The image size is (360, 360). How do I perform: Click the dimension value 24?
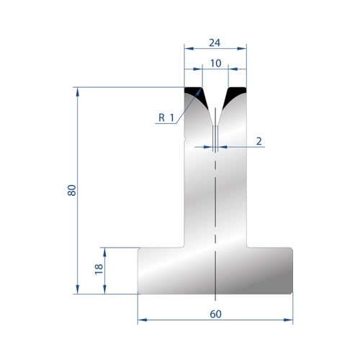215,42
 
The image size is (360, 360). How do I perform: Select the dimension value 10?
215,63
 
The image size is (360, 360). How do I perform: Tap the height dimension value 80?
72,190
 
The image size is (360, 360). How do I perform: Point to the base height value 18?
99,269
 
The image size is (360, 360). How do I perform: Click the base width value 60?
215,314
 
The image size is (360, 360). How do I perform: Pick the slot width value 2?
258,141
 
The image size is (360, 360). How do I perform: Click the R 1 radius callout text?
166,117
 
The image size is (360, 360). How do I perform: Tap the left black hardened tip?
195,94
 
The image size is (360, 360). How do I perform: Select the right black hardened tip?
235,94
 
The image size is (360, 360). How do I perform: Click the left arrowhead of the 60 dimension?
143,320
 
